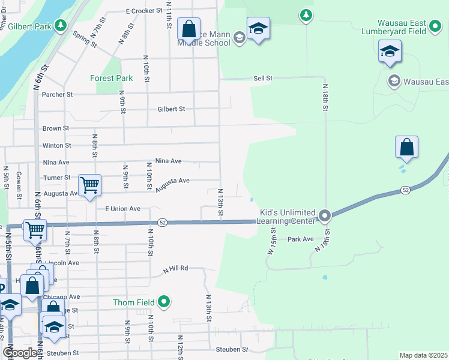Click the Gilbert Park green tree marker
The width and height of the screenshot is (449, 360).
[x=60, y=25]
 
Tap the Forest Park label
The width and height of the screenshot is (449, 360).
[x=111, y=78]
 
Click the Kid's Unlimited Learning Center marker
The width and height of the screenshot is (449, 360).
[x=325, y=215]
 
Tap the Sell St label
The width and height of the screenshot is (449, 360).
[x=263, y=78]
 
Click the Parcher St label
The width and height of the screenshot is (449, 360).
[x=57, y=94]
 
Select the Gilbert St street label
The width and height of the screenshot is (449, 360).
[x=171, y=109]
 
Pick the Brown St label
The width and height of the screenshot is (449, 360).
[x=56, y=128]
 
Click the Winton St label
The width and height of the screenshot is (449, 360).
[x=56, y=145]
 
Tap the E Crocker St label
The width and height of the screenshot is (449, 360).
[x=144, y=11]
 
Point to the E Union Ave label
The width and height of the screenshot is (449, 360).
[x=122, y=209]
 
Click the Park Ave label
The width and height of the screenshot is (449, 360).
[x=301, y=239]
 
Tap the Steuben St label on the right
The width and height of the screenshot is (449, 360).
[x=237, y=349]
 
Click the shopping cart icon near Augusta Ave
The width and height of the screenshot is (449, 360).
[x=89, y=185]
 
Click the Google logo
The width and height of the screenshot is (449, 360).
[x=20, y=353]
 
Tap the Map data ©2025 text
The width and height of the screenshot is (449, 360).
[x=423, y=355]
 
